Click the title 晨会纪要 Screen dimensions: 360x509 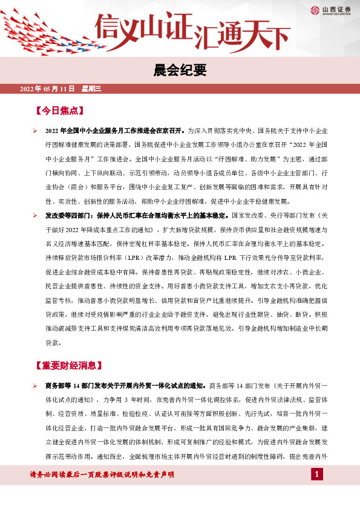[x=180, y=71]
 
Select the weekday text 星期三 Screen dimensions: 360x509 [x=91, y=89]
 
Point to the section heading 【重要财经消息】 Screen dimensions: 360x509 [x=65, y=366]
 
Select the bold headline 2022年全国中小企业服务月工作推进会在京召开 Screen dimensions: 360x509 [x=115, y=131]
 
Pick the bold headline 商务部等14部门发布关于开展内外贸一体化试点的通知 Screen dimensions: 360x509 [x=126, y=385]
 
